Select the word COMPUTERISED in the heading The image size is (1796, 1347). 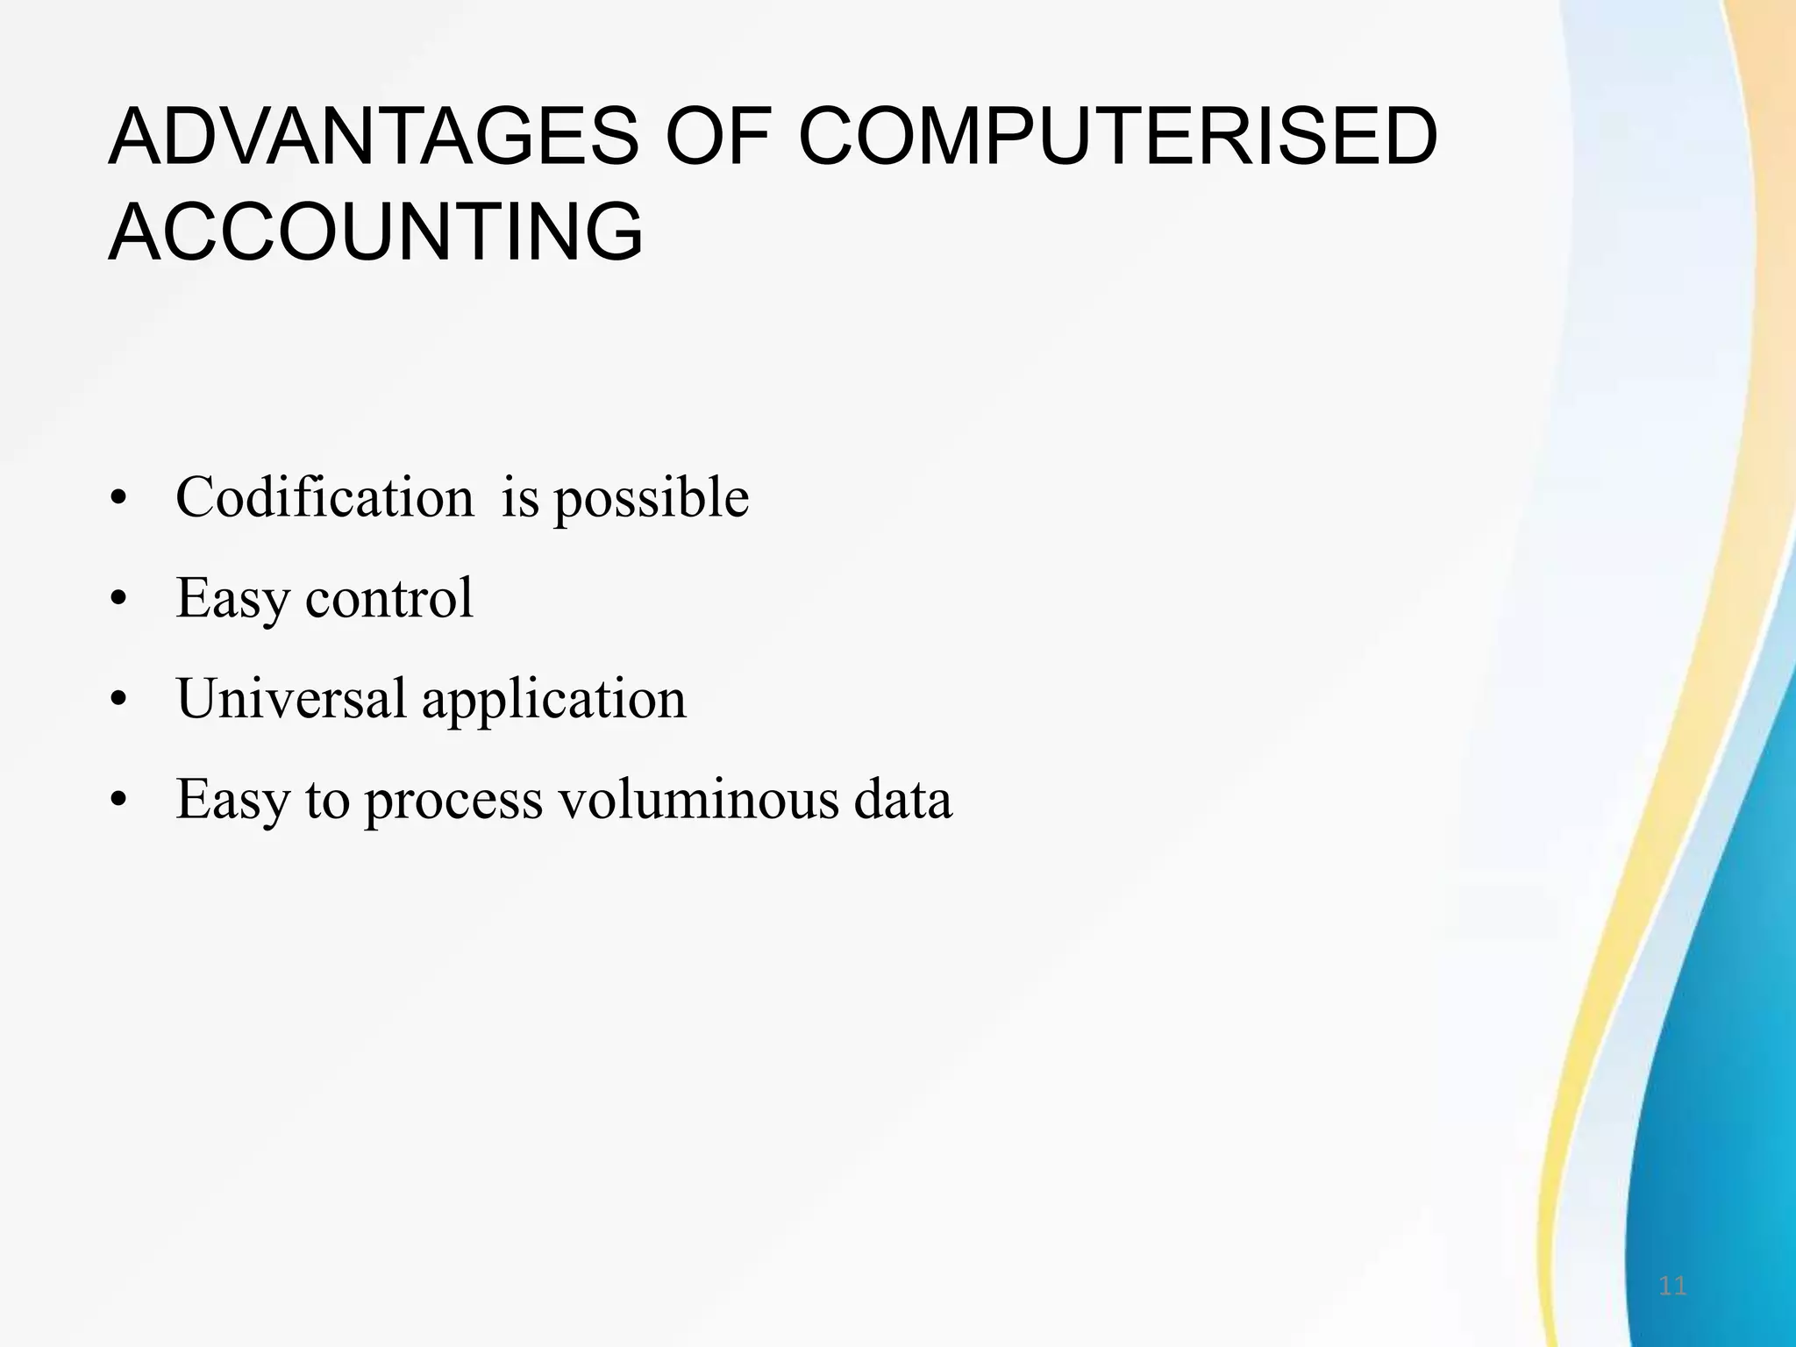[x=1117, y=138]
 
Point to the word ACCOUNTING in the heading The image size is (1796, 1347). [x=376, y=232]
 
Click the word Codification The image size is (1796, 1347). [x=324, y=498]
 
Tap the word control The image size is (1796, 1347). [x=388, y=599]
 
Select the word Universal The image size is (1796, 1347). [x=291, y=699]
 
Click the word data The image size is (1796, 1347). [x=903, y=800]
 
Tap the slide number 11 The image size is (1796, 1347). [x=1672, y=1286]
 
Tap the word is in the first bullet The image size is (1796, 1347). [x=520, y=498]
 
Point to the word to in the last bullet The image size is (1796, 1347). [x=327, y=801]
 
